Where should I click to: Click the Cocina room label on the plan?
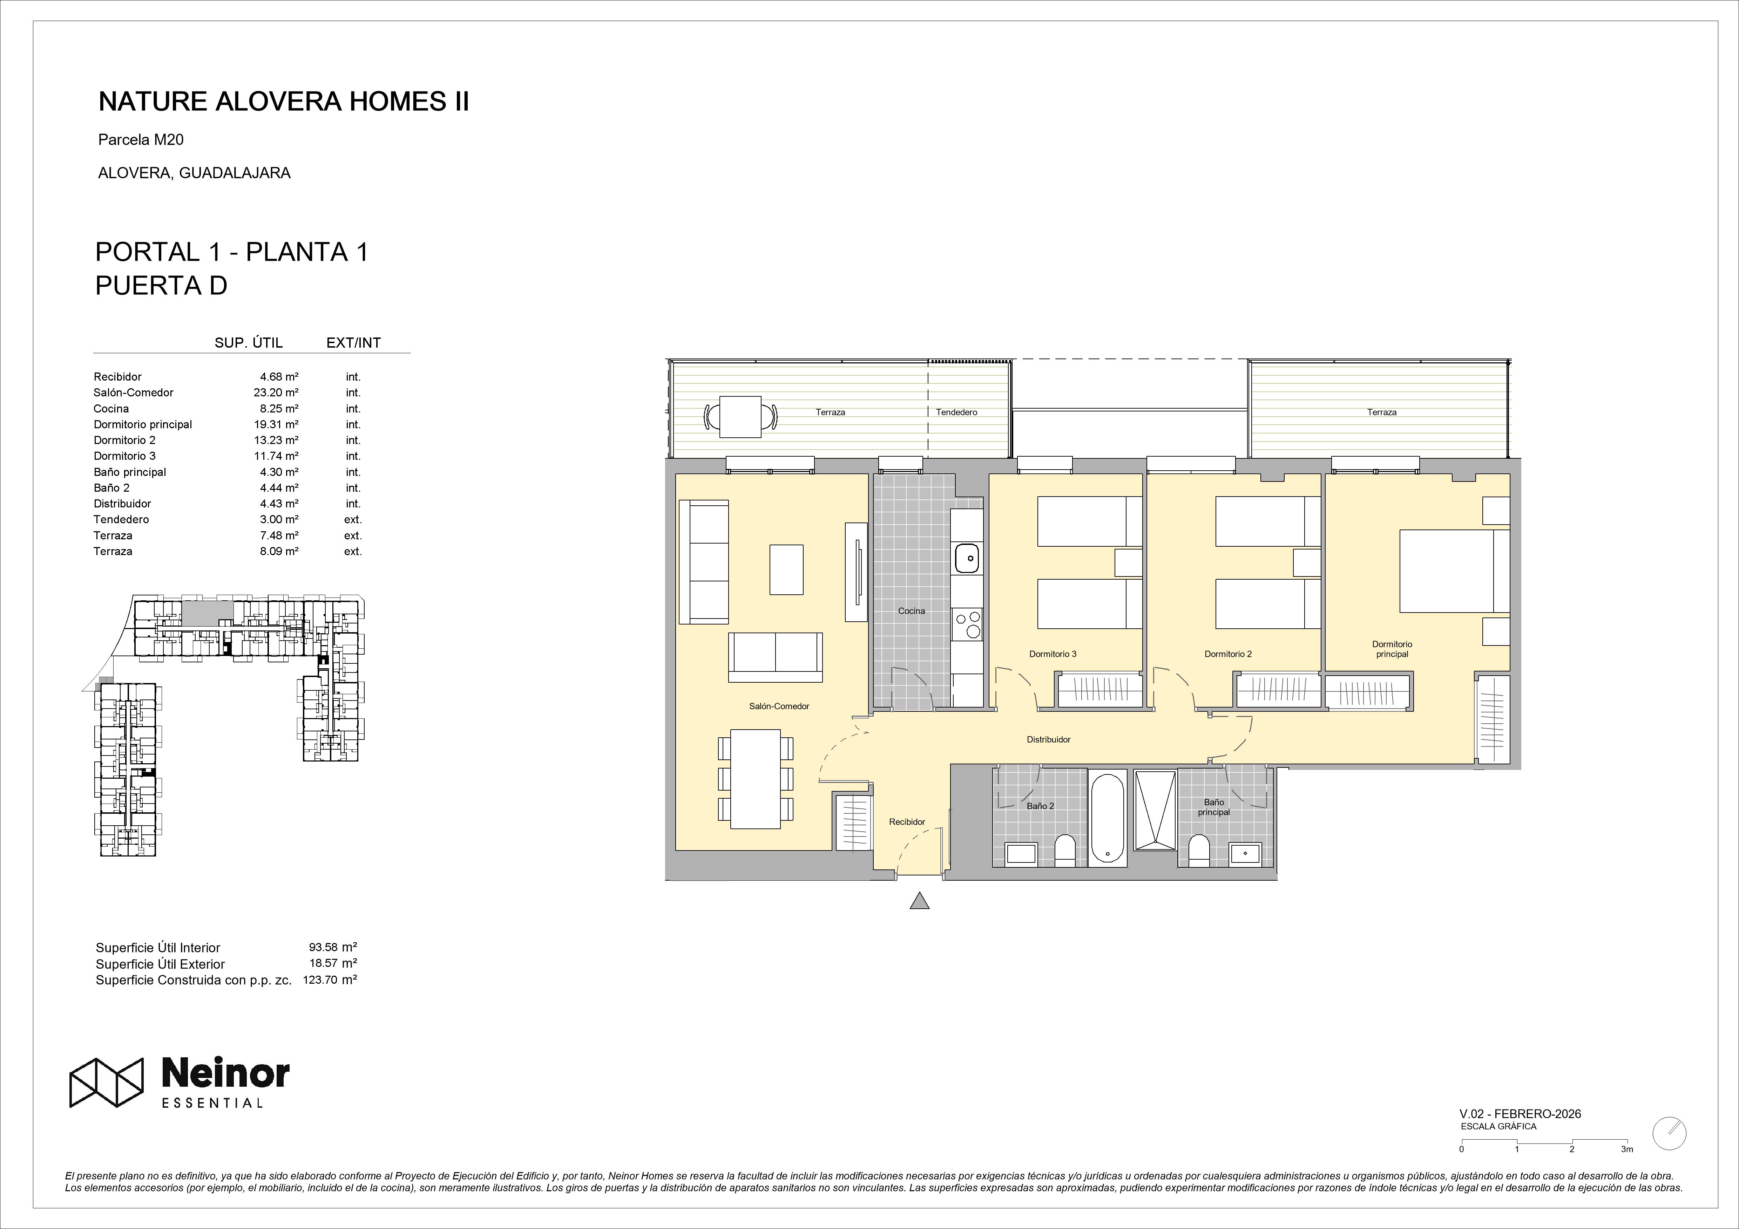(911, 611)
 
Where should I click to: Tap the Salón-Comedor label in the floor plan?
(779, 706)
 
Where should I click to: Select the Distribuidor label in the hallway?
(1048, 740)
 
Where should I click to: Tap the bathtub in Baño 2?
(1107, 818)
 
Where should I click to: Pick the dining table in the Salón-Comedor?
(756, 779)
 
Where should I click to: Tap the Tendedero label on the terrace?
(956, 413)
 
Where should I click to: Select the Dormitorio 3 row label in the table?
(125, 456)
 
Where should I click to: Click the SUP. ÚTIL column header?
(249, 343)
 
